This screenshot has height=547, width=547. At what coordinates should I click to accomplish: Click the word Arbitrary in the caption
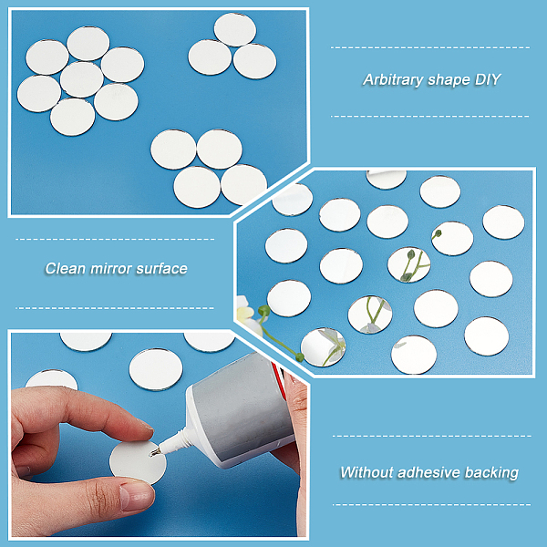pos(393,80)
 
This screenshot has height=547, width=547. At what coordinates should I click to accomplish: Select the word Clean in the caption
pos(66,269)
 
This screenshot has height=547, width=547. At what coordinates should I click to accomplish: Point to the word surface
pos(162,269)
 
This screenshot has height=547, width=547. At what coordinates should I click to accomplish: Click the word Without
pos(366,472)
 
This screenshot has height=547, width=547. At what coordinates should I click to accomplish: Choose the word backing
pos(491,473)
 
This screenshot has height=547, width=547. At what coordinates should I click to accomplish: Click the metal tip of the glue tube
pos(155,452)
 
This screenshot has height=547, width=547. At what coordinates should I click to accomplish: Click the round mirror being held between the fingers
pos(138,462)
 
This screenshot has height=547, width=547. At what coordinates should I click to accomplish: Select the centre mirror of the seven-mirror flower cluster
pos(82,79)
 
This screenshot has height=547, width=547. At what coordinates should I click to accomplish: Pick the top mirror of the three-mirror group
pos(235,30)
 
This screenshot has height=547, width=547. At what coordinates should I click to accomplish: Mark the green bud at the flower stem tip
pos(299,356)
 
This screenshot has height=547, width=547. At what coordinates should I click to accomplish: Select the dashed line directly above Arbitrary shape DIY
pos(430,47)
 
